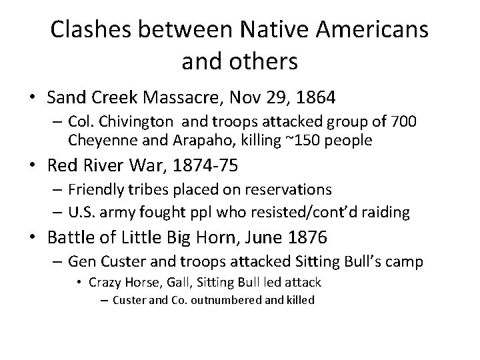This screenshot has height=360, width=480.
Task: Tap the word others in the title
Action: (x=265, y=61)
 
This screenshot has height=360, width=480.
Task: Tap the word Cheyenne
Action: (x=100, y=141)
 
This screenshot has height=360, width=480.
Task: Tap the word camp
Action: (x=404, y=262)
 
